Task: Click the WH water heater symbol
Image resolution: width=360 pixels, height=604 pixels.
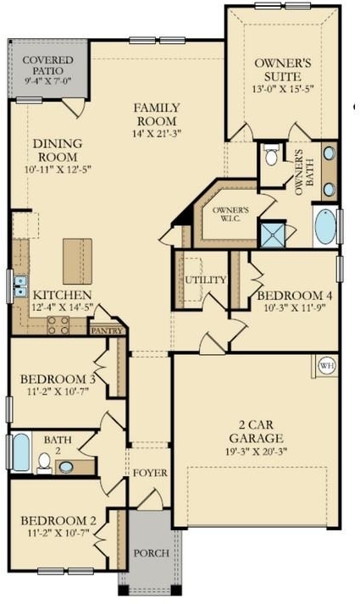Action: click(x=327, y=365)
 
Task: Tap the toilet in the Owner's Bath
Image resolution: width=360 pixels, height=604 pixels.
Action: click(x=271, y=155)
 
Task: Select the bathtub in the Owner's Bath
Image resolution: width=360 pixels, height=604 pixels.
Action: click(x=325, y=226)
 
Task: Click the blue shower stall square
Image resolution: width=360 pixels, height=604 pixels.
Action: click(x=272, y=235)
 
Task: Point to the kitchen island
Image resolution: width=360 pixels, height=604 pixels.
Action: click(x=77, y=261)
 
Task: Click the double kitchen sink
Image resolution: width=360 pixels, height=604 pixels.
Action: click(x=20, y=286)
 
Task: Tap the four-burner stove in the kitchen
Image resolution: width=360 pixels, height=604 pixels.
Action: click(x=58, y=325)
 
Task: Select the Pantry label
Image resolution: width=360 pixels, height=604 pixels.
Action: click(x=107, y=330)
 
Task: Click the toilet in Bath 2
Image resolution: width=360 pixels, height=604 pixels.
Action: click(x=44, y=463)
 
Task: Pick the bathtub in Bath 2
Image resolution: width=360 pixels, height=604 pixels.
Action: click(x=21, y=452)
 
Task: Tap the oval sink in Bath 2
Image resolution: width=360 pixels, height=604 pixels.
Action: click(x=66, y=467)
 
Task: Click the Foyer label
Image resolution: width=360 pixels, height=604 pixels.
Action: click(x=150, y=473)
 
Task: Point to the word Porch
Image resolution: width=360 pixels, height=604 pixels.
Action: click(x=152, y=553)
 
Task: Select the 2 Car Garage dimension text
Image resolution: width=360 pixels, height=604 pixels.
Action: click(x=257, y=451)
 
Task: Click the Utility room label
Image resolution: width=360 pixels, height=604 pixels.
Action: click(x=206, y=280)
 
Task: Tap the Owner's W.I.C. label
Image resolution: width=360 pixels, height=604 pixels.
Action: click(x=230, y=214)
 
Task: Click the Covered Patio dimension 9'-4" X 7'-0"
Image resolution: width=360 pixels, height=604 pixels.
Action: click(x=47, y=80)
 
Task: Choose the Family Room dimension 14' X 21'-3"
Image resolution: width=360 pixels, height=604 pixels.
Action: click(x=157, y=134)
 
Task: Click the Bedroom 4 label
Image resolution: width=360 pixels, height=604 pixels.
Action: click(x=295, y=296)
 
